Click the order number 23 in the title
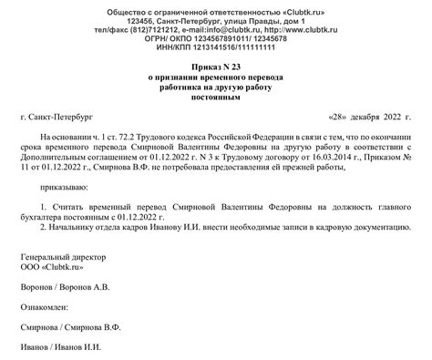pos(239,69)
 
